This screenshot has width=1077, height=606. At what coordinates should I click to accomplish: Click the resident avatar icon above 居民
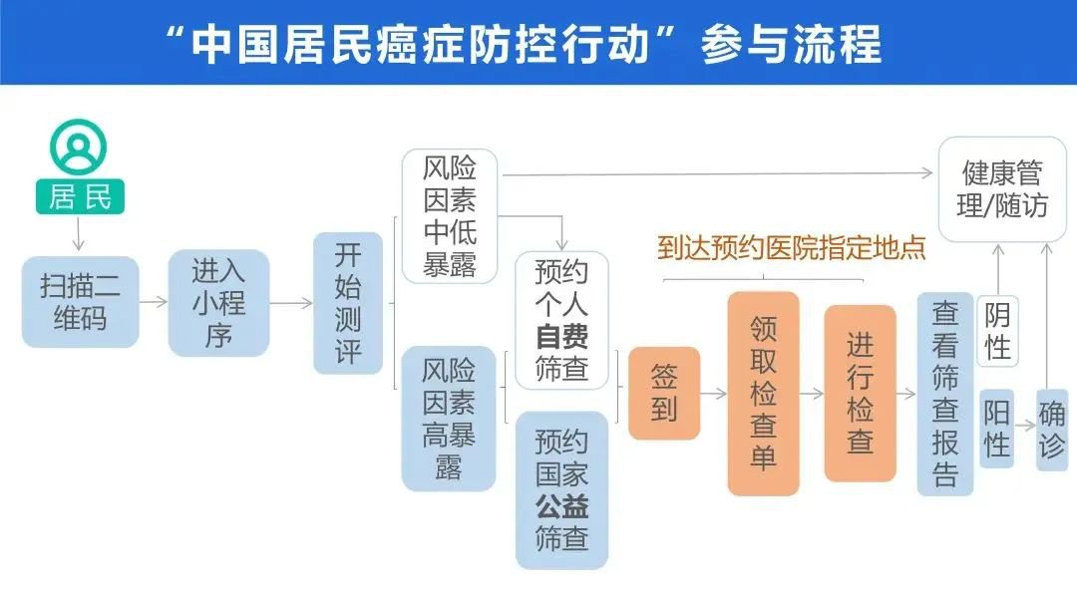pyautogui.click(x=79, y=146)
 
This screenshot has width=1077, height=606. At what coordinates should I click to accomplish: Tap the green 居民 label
pyautogui.click(x=81, y=196)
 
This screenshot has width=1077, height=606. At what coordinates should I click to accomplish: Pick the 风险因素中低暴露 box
pyautogui.click(x=450, y=216)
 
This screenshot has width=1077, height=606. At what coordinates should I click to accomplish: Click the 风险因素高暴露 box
pyautogui.click(x=449, y=419)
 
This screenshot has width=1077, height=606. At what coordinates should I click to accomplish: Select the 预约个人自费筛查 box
pyautogui.click(x=561, y=321)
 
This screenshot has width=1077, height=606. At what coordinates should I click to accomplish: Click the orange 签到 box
pyautogui.click(x=664, y=393)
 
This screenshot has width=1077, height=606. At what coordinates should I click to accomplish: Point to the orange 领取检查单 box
pyautogui.click(x=763, y=393)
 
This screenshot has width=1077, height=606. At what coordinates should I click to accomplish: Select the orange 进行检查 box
pyautogui.click(x=860, y=393)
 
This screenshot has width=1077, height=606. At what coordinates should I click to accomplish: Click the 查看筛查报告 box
pyautogui.click(x=945, y=393)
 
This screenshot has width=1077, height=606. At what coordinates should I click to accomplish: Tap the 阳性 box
pyautogui.click(x=997, y=429)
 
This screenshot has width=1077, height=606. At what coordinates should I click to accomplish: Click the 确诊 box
pyautogui.click(x=1052, y=429)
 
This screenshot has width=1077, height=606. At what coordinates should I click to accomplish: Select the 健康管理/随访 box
pyautogui.click(x=1002, y=189)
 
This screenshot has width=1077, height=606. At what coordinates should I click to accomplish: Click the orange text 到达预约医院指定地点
pyautogui.click(x=791, y=247)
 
